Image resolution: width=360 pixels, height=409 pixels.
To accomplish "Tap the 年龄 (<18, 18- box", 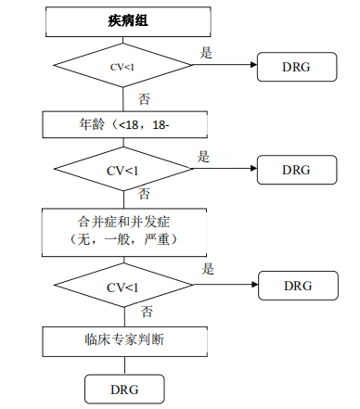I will (122, 122).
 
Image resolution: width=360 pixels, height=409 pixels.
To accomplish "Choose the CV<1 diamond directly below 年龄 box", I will (122, 170).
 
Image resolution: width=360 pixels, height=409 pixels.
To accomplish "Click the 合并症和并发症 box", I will (122, 231).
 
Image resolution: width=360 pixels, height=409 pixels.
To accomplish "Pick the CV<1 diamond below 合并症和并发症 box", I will (122, 286).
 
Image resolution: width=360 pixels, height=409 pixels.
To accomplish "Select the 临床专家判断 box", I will (122, 339).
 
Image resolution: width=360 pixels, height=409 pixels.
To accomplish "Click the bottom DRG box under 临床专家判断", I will (124, 387).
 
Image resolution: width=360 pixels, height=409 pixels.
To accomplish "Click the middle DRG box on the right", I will (296, 170).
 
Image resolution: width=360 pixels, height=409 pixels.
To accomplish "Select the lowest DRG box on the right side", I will (296, 285).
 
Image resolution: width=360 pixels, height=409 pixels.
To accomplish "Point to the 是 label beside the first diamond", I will (206, 53).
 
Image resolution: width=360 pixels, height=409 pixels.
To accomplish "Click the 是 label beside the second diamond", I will (204, 157).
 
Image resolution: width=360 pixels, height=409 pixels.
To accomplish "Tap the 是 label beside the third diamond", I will (209, 270).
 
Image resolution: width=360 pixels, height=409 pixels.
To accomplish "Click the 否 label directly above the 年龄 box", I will (145, 98).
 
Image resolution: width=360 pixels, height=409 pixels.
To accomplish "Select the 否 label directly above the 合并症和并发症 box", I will (144, 194).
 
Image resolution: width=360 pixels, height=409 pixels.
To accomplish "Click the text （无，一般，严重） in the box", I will (122, 240).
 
